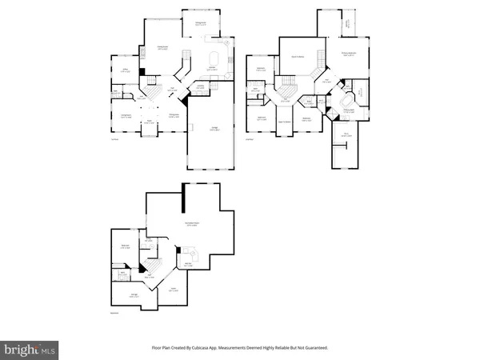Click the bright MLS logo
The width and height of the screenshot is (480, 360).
pos(30,350)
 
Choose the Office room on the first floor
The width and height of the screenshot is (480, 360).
pos(126,70)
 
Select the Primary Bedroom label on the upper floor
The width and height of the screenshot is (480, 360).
pos(348,54)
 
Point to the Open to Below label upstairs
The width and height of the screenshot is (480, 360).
pos(296,56)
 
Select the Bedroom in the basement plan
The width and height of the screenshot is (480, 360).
pos(126,246)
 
